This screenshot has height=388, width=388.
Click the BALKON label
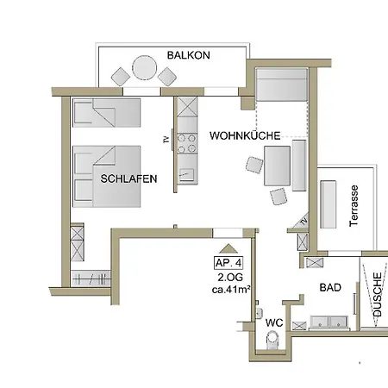(189, 55)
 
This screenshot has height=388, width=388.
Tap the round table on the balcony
(145, 68)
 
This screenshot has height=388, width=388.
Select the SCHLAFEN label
(128, 178)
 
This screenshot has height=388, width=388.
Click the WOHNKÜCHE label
(245, 135)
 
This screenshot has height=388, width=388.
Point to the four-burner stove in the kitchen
(187, 143)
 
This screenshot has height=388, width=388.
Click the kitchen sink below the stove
(186, 174)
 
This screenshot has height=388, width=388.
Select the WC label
(274, 322)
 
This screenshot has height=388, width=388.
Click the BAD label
(330, 287)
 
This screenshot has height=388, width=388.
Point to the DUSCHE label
(378, 295)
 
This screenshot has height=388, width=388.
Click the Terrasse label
(354, 206)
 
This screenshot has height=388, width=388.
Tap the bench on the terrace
(329, 204)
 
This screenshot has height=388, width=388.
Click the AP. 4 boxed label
(228, 263)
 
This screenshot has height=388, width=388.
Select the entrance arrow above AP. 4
(228, 248)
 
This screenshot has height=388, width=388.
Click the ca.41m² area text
(230, 290)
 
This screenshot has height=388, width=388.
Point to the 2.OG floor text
(230, 278)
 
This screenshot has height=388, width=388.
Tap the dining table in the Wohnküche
(277, 166)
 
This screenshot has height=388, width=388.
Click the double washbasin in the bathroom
(329, 322)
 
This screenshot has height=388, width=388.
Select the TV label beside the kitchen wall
(166, 140)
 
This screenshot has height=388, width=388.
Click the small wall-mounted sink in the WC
(259, 313)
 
